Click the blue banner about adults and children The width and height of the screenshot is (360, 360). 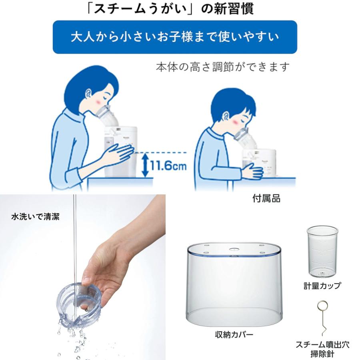click(175, 37)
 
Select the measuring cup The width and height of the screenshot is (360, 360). click(322, 252)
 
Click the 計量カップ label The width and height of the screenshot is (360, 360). click(322, 286)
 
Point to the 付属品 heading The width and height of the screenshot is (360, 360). click(266, 198)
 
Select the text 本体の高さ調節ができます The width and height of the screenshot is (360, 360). click(222, 67)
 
